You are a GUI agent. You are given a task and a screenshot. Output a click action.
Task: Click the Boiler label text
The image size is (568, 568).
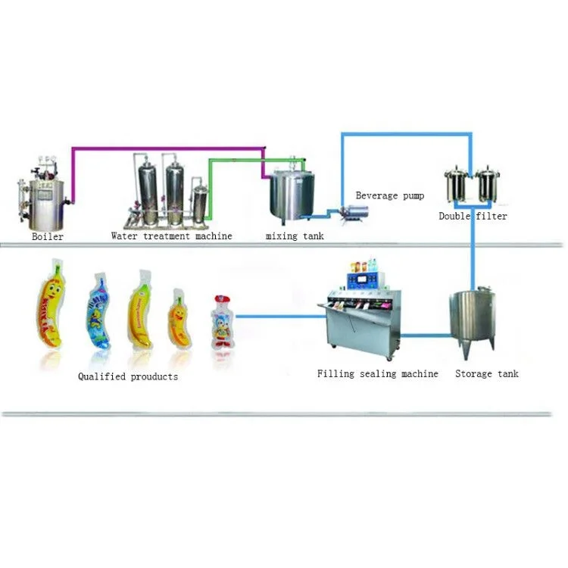48,236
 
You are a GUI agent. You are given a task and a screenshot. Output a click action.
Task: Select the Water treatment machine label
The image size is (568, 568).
171,236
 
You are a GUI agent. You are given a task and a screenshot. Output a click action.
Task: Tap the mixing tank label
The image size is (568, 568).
295,236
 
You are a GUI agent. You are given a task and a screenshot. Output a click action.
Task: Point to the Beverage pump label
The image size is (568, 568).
389,196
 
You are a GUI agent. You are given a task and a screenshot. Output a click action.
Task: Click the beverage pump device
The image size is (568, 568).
350,214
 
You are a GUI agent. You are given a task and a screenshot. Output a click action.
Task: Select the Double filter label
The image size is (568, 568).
473,217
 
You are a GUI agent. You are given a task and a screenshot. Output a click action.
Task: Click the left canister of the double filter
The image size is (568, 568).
457,186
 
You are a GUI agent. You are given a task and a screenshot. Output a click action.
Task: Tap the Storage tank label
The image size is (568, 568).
486,374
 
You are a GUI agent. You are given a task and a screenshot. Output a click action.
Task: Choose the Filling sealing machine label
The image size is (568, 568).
377,374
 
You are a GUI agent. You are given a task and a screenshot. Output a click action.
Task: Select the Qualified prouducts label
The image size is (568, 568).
128,376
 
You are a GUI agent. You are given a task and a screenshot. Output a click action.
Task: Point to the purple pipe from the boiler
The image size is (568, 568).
167,148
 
